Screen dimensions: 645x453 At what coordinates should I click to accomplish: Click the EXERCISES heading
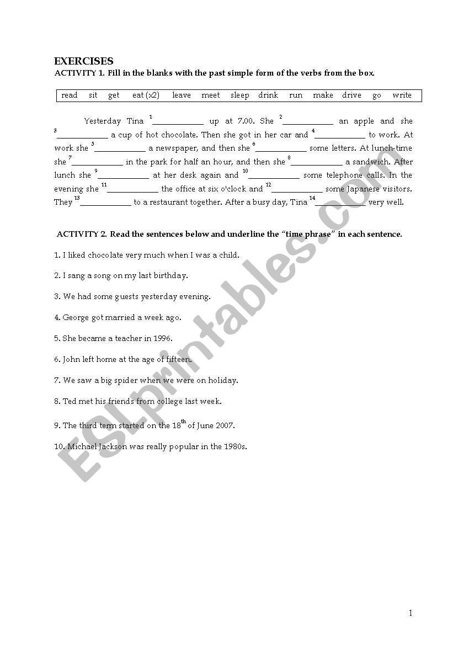point(83,61)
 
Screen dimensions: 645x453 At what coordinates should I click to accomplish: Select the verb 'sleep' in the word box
point(239,95)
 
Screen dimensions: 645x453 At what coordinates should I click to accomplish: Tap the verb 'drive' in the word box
point(351,95)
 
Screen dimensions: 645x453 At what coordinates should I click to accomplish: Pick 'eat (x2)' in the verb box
point(146,95)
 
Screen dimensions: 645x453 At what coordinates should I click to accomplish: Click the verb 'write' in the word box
point(402,95)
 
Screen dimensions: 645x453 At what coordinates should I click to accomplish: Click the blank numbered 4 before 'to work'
point(340,135)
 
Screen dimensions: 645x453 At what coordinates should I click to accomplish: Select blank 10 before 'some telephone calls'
point(274,176)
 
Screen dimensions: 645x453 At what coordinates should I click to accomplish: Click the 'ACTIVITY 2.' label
point(82,234)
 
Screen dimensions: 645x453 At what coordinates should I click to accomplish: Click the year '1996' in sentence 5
point(162,339)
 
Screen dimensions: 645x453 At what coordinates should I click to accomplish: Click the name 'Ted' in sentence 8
point(69,402)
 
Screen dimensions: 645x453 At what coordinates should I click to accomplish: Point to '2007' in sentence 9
point(225,426)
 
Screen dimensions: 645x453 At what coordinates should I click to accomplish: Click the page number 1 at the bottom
point(411,613)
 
